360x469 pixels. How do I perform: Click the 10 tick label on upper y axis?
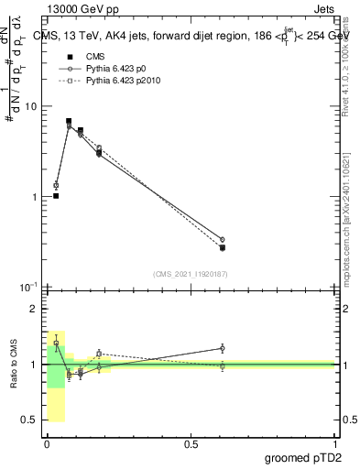(30, 106)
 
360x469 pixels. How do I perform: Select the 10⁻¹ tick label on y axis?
(28, 288)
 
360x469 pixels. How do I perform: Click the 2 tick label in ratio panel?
(35, 310)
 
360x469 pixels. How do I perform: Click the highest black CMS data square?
(69, 121)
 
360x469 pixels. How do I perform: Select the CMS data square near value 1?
(56, 196)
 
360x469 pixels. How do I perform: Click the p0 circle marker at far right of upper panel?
(223, 239)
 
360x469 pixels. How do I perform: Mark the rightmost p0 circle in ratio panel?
(223, 348)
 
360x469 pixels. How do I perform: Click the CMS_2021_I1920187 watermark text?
(191, 274)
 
